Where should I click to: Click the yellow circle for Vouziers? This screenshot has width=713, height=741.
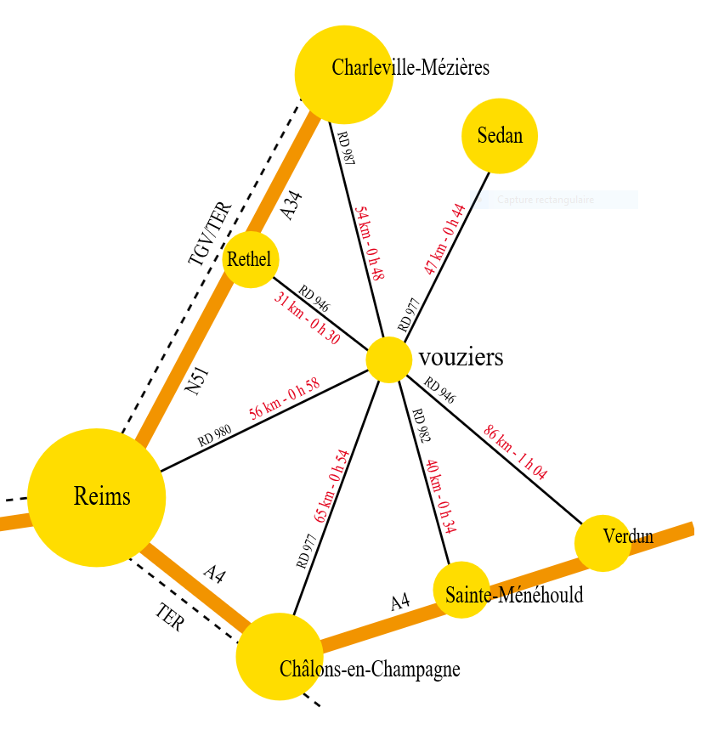pyautogui.click(x=389, y=359)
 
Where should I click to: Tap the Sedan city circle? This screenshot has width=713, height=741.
pyautogui.click(x=500, y=136)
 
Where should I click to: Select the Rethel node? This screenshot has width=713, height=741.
pyautogui.click(x=251, y=259)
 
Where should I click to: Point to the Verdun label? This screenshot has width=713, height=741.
pyautogui.click(x=628, y=536)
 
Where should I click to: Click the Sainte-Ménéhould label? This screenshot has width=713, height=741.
pyautogui.click(x=514, y=595)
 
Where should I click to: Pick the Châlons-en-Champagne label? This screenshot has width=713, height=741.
pyautogui.click(x=370, y=670)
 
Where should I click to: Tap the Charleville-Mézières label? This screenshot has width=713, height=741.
pyautogui.click(x=410, y=67)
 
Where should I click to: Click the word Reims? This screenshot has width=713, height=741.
pyautogui.click(x=102, y=496)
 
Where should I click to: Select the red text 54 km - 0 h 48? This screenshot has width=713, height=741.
pyautogui.click(x=370, y=243)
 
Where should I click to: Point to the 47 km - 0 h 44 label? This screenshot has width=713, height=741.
pyautogui.click(x=444, y=239)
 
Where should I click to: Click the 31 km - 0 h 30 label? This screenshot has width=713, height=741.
pyautogui.click(x=307, y=318)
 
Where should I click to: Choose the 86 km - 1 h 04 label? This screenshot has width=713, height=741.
pyautogui.click(x=515, y=451)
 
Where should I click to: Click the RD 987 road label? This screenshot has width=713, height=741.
pyautogui.click(x=345, y=148)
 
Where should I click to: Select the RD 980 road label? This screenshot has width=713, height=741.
pyautogui.click(x=215, y=436)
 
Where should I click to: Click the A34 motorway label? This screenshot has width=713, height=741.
pyautogui.click(x=291, y=206)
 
